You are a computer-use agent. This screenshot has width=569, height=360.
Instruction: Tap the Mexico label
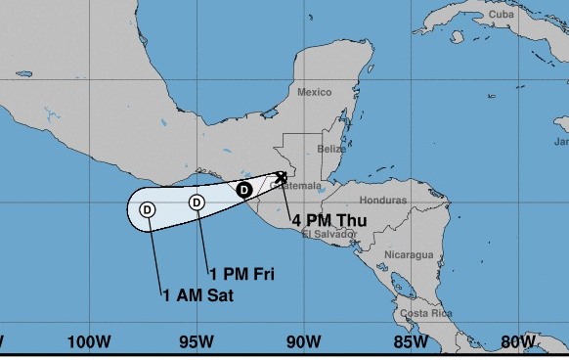(314, 92)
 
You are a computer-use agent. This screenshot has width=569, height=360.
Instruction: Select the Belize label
(331, 149)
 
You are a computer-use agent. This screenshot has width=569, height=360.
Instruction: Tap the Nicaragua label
(408, 254)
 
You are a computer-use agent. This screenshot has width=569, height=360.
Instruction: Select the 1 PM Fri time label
(241, 273)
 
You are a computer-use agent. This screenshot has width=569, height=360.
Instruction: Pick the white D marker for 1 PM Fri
(197, 202)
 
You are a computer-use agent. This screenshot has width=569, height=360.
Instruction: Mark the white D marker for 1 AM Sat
(148, 208)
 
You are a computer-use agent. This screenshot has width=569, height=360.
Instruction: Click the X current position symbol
(282, 177)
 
